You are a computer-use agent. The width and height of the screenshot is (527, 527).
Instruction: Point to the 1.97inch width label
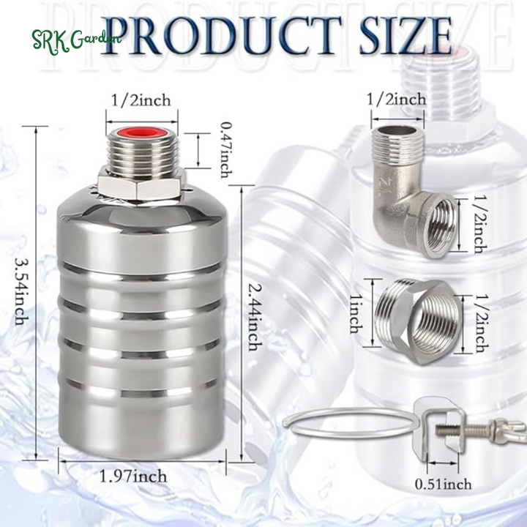click(133, 476)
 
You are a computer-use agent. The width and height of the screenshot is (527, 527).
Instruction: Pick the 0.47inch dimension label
click(226, 150)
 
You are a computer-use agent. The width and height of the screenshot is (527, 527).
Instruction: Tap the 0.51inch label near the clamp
click(443, 485)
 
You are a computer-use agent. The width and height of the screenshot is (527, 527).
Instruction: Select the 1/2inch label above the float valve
click(141, 100)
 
